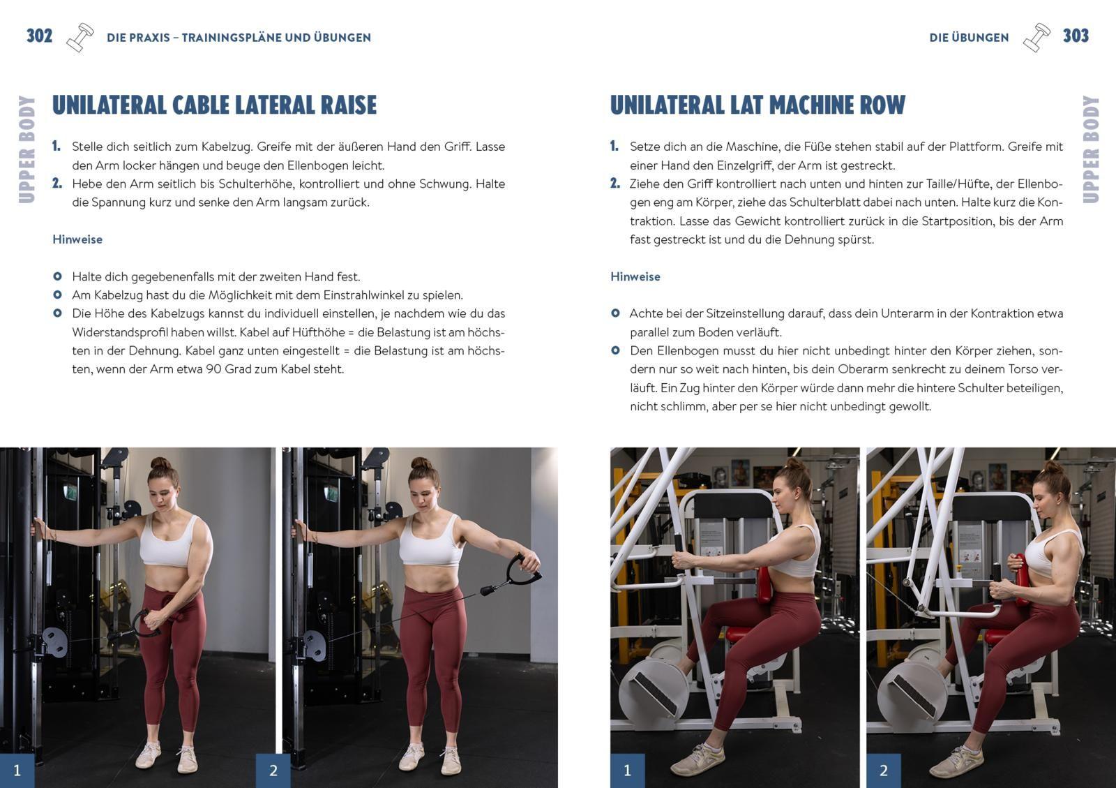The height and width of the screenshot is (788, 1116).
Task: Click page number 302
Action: click(x=39, y=36)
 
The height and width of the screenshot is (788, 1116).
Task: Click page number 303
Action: click(x=1075, y=36)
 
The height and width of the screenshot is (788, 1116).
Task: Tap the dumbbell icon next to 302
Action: click(x=80, y=38)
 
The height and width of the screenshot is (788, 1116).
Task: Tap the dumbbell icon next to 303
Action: click(x=1036, y=38)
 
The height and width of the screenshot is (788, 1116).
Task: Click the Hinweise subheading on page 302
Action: click(x=77, y=239)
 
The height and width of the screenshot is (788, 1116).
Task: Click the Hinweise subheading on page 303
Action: click(x=635, y=276)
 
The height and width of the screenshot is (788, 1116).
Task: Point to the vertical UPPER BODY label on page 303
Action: click(x=1090, y=149)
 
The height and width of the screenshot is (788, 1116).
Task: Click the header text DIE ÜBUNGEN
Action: click(x=968, y=38)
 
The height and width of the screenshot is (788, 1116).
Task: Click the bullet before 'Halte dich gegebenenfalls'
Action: click(x=57, y=276)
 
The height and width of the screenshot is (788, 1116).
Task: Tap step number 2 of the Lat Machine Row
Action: click(x=614, y=184)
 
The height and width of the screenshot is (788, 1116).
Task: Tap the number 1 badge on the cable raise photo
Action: click(x=17, y=771)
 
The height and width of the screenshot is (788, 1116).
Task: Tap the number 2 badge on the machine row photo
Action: click(x=883, y=771)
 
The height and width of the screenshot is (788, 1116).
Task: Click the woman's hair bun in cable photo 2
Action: click(x=421, y=463)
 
